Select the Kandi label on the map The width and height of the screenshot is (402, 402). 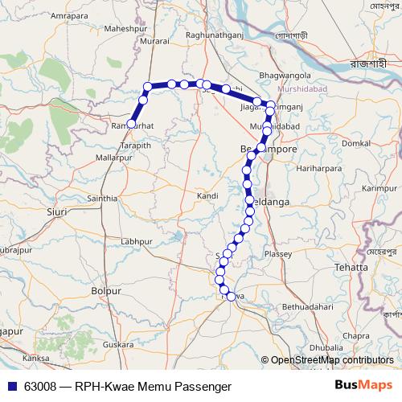click(207, 195)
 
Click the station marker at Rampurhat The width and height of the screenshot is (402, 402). click(131, 124)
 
